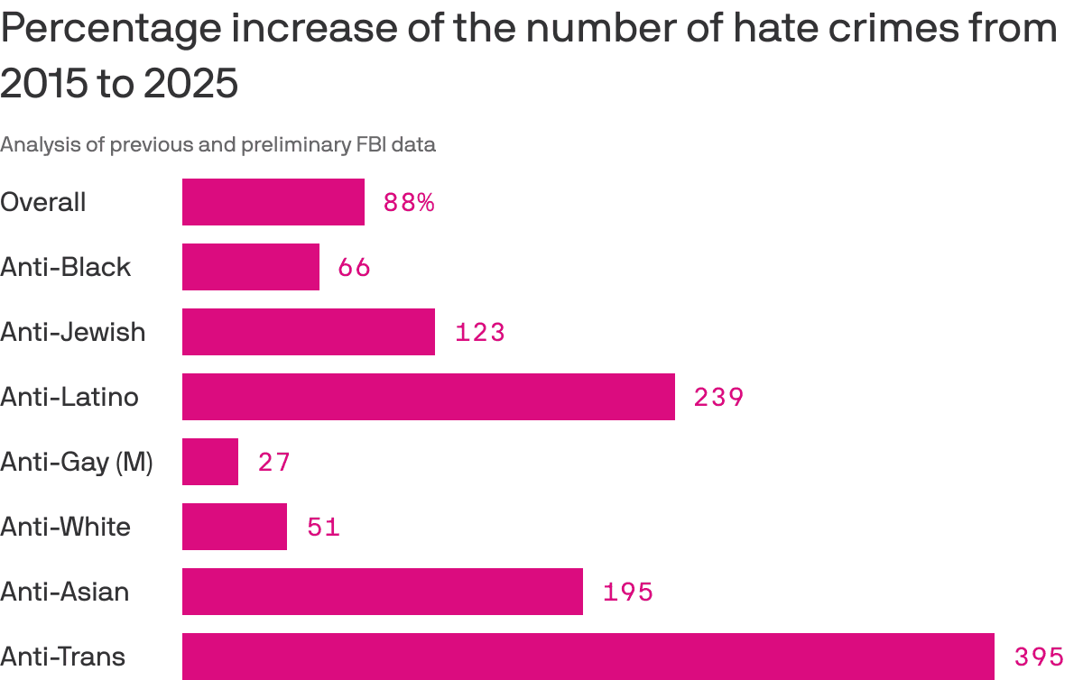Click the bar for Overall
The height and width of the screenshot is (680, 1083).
(273, 202)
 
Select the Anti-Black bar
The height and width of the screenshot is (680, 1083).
(251, 267)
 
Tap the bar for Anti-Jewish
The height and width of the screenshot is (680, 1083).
(309, 332)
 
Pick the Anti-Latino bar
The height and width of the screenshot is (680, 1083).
(429, 397)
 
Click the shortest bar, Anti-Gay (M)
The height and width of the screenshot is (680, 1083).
(210, 462)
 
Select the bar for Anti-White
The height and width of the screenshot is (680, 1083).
(235, 527)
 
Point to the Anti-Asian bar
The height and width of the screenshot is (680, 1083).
(383, 592)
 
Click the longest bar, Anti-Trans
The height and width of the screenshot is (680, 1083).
(588, 657)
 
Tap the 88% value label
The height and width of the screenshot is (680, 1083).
(409, 203)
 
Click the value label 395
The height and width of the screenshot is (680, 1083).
(1039, 657)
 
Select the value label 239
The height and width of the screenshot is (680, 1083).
(718, 398)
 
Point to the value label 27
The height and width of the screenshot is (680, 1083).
(274, 463)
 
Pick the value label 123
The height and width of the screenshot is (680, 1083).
(479, 333)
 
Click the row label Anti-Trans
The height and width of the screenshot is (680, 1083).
(63, 657)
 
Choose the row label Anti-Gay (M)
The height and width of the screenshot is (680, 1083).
(77, 463)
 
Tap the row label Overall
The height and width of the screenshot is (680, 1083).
(43, 202)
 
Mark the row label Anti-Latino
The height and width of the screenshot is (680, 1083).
(69, 397)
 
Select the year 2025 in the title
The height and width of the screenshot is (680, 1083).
(190, 84)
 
